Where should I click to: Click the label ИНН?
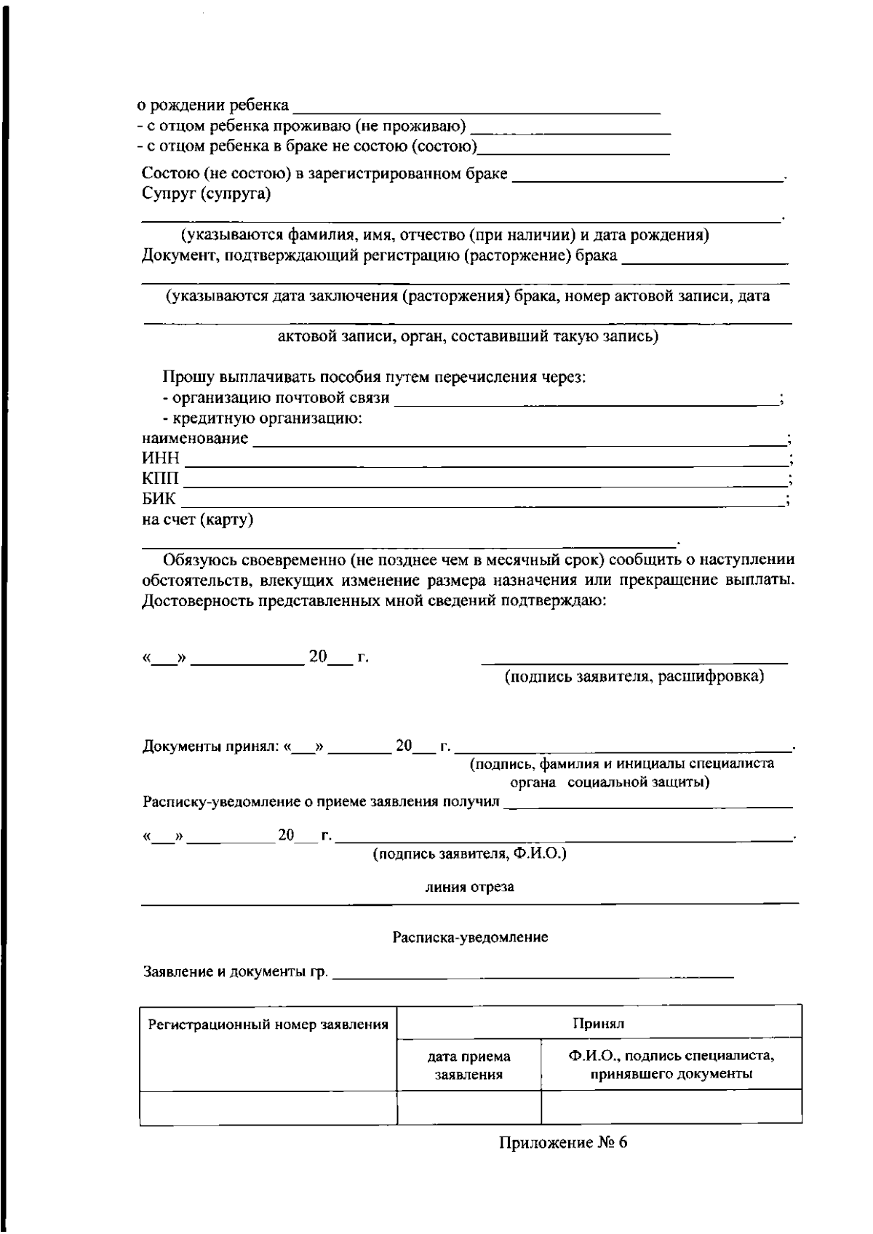pos(160,459)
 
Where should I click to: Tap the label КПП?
pos(160,479)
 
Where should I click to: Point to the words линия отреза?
pos(469,887)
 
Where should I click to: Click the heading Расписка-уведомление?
pos(470,937)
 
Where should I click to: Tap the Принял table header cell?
pos(599,1024)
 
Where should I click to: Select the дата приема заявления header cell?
pos(469,1065)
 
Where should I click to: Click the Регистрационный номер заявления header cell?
pos(268,1025)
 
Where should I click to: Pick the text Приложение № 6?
pos(562,1142)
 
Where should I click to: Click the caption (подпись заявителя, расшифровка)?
pos(634,677)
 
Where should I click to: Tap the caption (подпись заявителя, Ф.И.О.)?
pos(469,853)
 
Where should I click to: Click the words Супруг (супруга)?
pos(206,194)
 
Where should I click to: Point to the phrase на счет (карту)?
pos(197,520)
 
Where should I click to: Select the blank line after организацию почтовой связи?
pos(586,400)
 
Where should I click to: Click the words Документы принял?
pos(210,747)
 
